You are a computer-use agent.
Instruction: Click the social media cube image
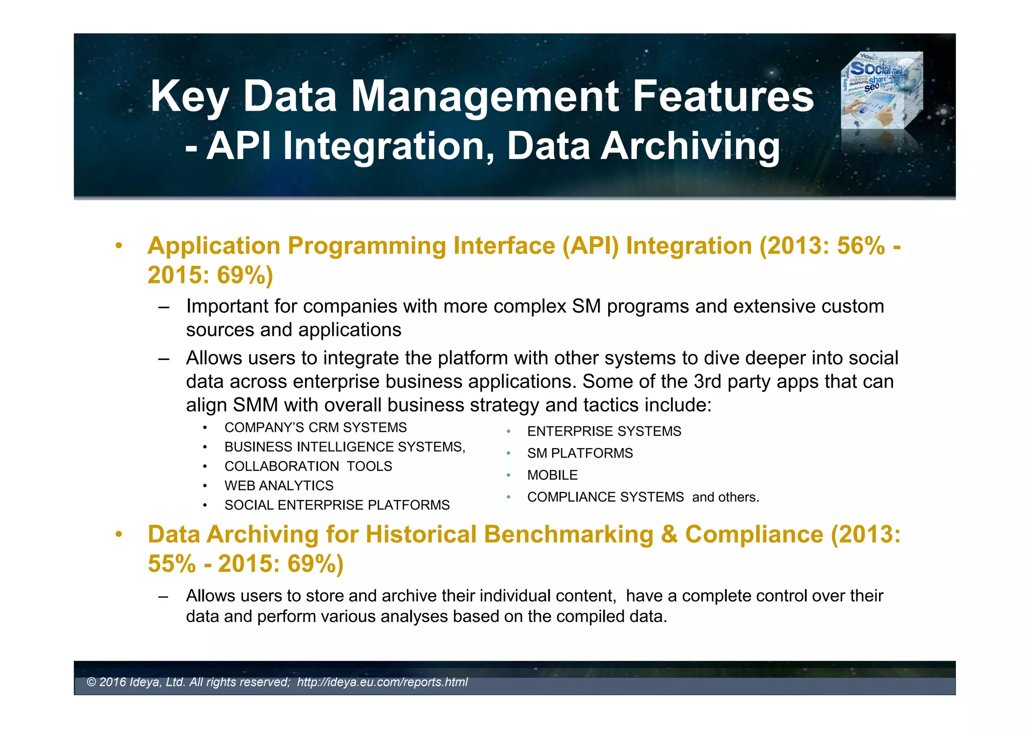882,91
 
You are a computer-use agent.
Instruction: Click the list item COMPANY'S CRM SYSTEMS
315,427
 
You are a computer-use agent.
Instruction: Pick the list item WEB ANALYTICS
279,486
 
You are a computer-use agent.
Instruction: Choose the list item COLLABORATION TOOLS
308,466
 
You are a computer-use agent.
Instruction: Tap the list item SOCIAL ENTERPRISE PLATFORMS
337,505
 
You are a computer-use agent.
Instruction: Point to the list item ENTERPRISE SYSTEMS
604,431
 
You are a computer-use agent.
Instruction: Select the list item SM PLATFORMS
579,453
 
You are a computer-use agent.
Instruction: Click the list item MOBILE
552,475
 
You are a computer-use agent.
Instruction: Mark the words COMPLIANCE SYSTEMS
605,497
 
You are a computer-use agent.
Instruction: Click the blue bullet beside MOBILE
508,475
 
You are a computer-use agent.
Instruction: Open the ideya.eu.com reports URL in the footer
382,682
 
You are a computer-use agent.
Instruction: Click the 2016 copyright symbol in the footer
91,682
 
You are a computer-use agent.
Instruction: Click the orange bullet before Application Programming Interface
118,246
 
